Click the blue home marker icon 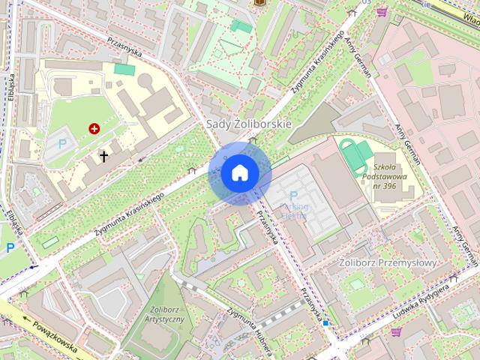click(240, 173)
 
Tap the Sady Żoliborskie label click(248, 123)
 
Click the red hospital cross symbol click(94, 129)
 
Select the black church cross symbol click(104, 157)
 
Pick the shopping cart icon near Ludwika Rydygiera click(396, 331)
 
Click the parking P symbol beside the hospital click(62, 143)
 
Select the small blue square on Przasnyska click(325, 323)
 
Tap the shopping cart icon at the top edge click(382, 12)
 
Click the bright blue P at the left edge click(10, 247)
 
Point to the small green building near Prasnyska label click(124, 70)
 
